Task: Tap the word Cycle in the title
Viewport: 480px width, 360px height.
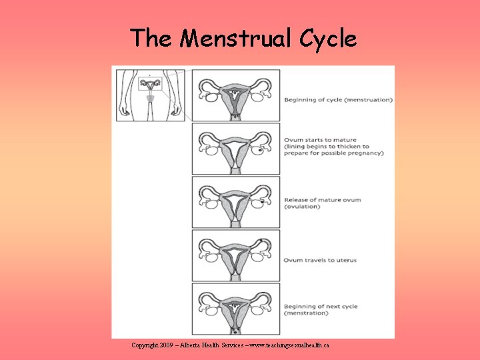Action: [x=328, y=39]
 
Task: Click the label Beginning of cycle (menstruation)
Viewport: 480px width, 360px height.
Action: [x=339, y=100]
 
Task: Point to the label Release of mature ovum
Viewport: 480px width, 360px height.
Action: [x=323, y=200]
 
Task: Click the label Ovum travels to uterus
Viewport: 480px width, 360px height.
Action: [x=320, y=260]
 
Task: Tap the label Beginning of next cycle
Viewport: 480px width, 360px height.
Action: [x=321, y=307]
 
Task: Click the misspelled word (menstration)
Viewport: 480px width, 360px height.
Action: [x=307, y=313]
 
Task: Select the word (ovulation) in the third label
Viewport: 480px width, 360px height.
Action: [x=302, y=207]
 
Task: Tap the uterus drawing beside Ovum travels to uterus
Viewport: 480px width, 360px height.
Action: [x=235, y=256]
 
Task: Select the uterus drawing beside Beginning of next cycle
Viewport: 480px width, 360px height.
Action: [x=235, y=309]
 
